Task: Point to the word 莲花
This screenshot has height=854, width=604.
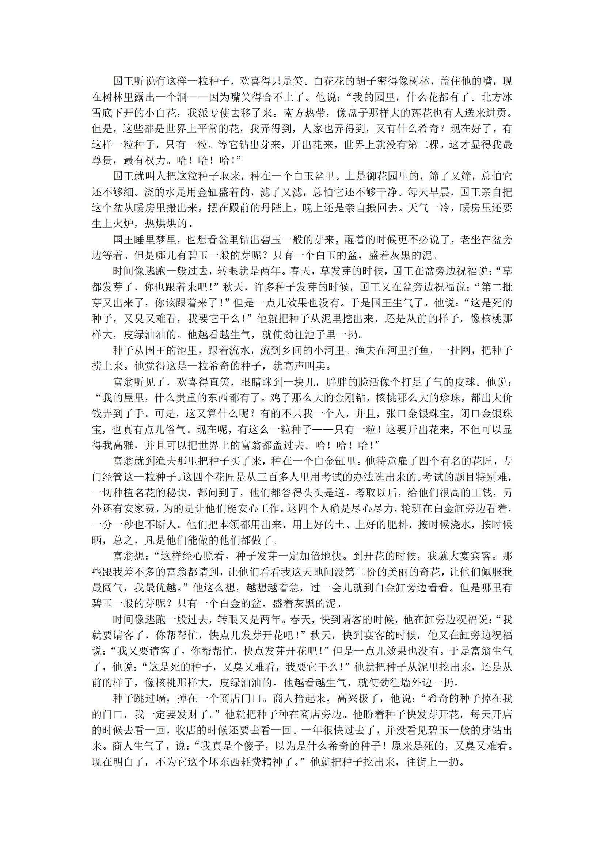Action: pos(425,113)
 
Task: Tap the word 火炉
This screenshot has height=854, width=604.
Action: pos(124,224)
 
